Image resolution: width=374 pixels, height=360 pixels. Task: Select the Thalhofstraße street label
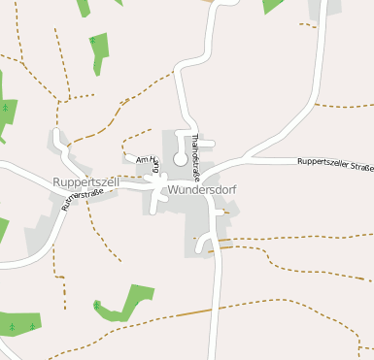tap(195, 158)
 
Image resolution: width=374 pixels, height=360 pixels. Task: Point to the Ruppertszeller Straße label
tap(335, 166)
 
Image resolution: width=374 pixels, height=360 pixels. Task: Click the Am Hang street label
tap(148, 163)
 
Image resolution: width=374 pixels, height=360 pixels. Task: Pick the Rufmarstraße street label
tap(82, 199)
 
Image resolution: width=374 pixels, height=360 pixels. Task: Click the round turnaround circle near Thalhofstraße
tap(180, 158)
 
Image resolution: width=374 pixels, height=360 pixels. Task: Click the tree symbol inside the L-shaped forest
tap(97, 306)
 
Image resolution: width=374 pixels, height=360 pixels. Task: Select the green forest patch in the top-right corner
tap(273, 5)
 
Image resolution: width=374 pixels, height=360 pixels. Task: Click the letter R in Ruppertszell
tap(58, 181)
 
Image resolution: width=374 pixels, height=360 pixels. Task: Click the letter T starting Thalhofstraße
tap(195, 137)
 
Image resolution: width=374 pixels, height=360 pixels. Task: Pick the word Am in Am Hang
tap(142, 159)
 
